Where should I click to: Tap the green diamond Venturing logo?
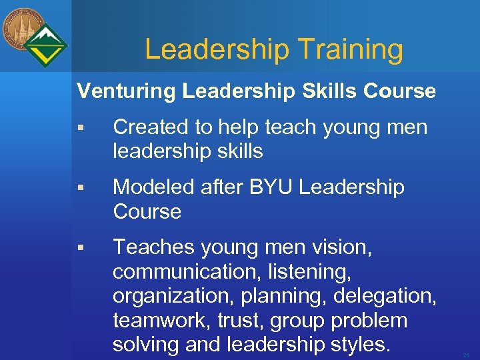pyautogui.click(x=45, y=46)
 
